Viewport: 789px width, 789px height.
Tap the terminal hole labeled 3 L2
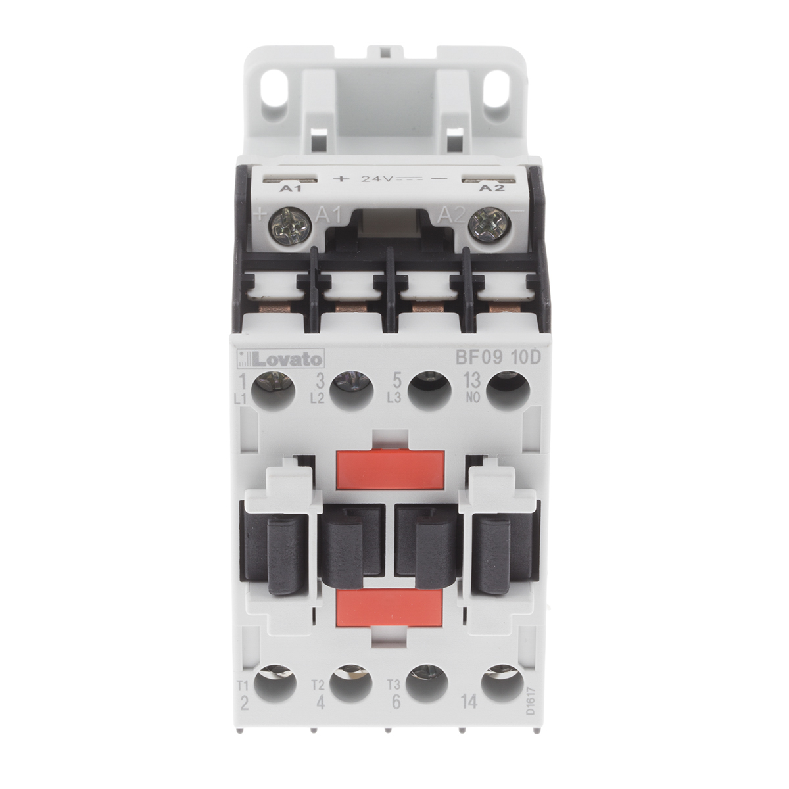349,390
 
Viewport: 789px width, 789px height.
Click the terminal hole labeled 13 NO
506,390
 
